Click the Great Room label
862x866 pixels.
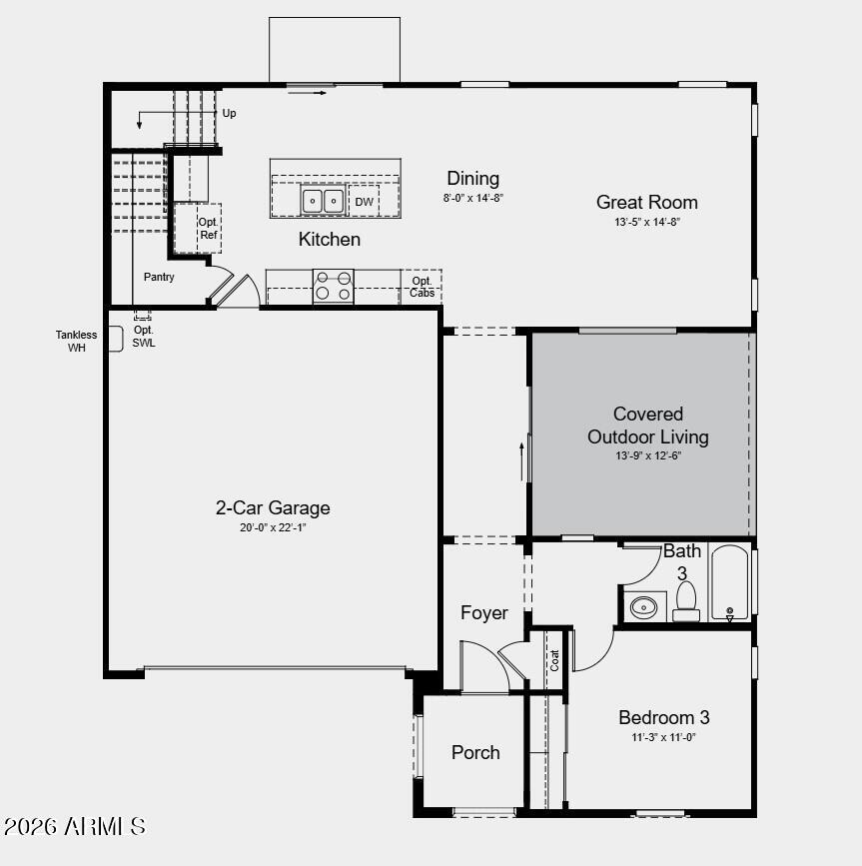646,202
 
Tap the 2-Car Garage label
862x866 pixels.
273,507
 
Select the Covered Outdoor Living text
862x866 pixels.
647,426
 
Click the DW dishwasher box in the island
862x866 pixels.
365,202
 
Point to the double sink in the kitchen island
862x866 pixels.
324,201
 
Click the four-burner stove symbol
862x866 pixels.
334,286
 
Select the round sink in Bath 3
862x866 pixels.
645,605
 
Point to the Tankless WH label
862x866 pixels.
77,342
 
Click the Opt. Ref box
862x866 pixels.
208,229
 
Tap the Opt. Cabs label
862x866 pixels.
422,287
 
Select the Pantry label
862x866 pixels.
159,277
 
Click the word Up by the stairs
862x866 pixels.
229,113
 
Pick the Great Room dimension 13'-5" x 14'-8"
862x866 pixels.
646,222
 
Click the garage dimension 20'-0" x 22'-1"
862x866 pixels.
273,527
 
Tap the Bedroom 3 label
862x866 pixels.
663,717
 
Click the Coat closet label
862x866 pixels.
554,660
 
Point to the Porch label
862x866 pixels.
475,752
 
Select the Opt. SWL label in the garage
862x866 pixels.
144,337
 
